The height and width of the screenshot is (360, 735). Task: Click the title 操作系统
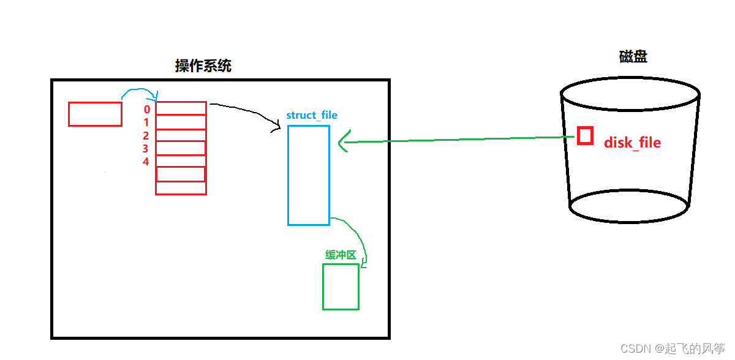pyautogui.click(x=203, y=66)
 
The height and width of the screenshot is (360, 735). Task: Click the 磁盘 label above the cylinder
pyautogui.click(x=633, y=57)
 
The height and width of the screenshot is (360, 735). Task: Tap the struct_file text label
pyautogui.click(x=312, y=115)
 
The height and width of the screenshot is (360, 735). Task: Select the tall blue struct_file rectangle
pyautogui.click(x=309, y=175)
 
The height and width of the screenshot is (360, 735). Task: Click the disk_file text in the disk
pyautogui.click(x=632, y=143)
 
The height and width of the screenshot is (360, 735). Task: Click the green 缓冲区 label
pyautogui.click(x=341, y=255)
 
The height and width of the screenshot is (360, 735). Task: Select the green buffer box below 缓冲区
pyautogui.click(x=341, y=287)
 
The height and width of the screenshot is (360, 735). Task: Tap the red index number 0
pyautogui.click(x=147, y=110)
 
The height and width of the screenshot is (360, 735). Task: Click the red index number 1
pyautogui.click(x=146, y=122)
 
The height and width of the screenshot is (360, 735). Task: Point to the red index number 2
pyautogui.click(x=146, y=136)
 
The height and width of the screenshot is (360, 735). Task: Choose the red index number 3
pyautogui.click(x=146, y=149)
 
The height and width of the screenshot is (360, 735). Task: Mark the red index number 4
pyautogui.click(x=146, y=162)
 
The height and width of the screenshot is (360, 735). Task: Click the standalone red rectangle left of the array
pyautogui.click(x=95, y=114)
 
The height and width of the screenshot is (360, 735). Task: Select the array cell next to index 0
pyautogui.click(x=181, y=108)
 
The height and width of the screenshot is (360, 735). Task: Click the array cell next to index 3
pyautogui.click(x=181, y=148)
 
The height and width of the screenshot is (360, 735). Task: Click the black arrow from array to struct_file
pyautogui.click(x=245, y=110)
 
